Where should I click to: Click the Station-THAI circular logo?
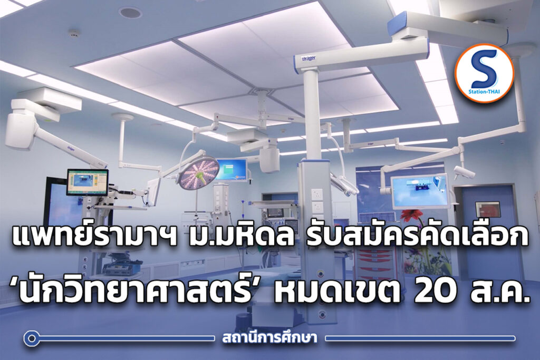[484, 73]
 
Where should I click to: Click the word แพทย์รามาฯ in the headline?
[94, 236]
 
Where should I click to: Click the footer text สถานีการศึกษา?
[269, 338]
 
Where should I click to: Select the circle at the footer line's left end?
[31, 338]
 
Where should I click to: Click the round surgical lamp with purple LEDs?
[199, 173]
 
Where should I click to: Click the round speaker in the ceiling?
[130, 13]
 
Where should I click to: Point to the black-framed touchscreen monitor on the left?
[88, 182]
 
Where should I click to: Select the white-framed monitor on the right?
[420, 191]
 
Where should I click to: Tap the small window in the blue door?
[488, 210]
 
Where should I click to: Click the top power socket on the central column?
[317, 194]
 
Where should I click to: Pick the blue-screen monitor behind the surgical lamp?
[231, 169]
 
